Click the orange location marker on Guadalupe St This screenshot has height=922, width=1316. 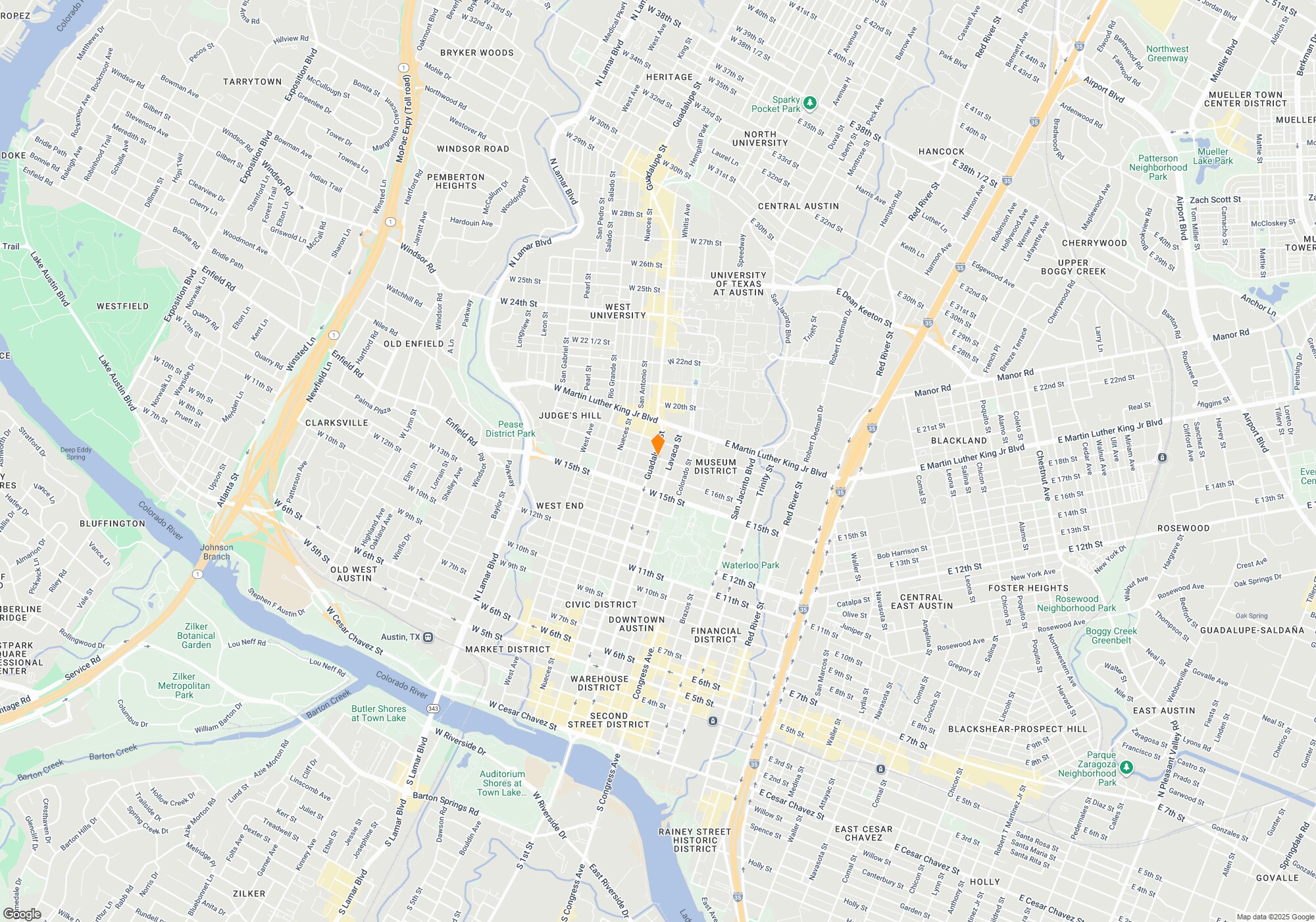(657, 444)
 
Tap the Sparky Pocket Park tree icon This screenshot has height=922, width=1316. (810, 103)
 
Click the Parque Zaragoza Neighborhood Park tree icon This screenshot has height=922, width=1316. (1126, 767)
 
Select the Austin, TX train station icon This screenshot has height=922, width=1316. (428, 637)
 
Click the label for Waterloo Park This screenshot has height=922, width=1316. (750, 565)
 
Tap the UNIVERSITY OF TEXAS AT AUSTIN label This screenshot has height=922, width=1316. (738, 284)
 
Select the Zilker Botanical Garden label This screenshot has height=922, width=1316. (196, 636)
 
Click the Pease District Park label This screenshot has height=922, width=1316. (511, 429)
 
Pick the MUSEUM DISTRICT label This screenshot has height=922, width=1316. (715, 466)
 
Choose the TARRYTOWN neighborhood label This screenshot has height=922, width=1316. (252, 82)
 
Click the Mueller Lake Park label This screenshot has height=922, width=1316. (1213, 156)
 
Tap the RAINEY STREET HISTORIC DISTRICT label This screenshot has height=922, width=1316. (695, 840)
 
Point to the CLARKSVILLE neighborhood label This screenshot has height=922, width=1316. (336, 423)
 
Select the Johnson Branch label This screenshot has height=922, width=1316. (216, 552)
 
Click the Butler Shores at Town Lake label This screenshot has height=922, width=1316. (378, 713)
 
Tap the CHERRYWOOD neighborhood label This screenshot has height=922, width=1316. (1094, 243)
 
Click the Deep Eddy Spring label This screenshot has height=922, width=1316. (76, 454)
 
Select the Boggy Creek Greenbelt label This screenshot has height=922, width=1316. (1111, 636)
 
